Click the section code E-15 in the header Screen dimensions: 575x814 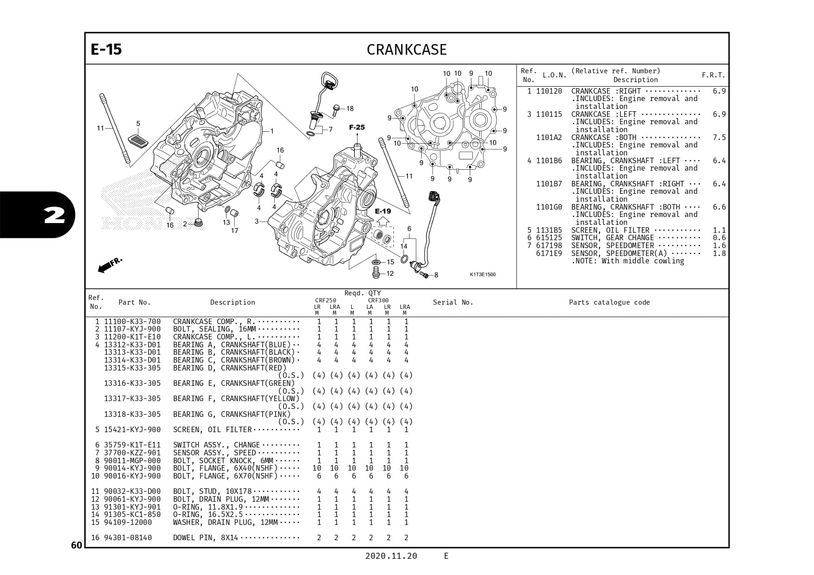click(x=106, y=49)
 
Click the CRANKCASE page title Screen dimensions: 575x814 click(x=407, y=50)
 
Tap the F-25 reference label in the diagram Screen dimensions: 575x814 click(x=357, y=127)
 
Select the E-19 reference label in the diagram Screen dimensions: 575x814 click(x=383, y=211)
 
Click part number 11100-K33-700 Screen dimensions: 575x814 click(x=132, y=321)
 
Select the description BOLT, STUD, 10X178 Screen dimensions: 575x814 click(x=212, y=491)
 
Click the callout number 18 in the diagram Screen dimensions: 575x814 click(x=349, y=109)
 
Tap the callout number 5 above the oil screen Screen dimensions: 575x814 click(x=138, y=123)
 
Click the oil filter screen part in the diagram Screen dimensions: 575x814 click(x=138, y=141)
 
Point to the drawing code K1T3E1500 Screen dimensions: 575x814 click(x=483, y=275)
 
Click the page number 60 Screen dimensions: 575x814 click(x=77, y=545)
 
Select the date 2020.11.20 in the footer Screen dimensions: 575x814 click(x=391, y=556)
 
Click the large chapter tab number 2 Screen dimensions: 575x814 click(x=55, y=215)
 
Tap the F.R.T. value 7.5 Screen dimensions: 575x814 click(x=719, y=137)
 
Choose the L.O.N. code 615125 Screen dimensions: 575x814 click(x=549, y=238)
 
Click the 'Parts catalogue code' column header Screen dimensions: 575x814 click(x=609, y=302)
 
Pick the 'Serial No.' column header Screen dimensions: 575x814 click(x=453, y=302)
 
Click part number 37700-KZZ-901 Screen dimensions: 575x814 click(x=132, y=453)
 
